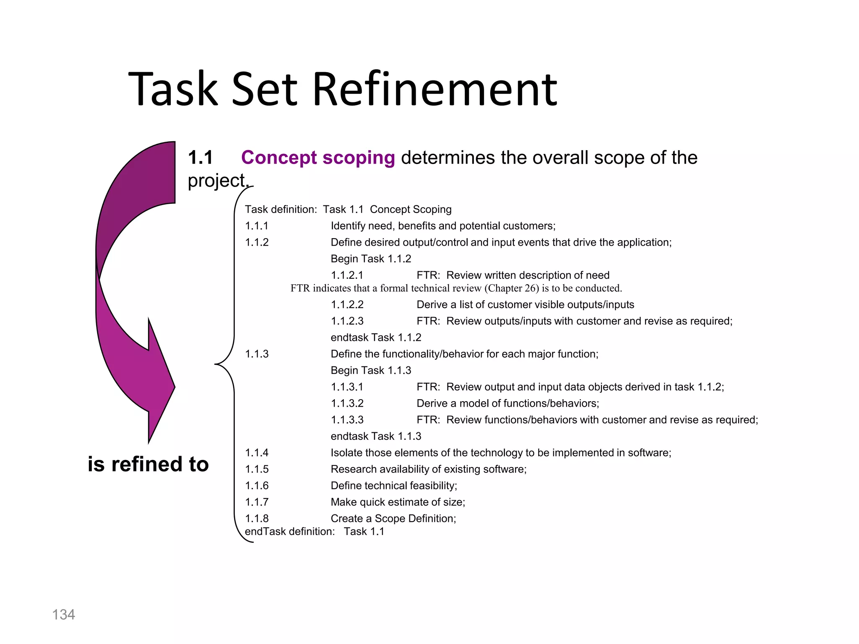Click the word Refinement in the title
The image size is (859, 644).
pos(435,89)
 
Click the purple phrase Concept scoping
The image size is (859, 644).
pos(318,158)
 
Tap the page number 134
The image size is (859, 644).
pos(63,615)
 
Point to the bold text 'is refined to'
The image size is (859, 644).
pos(148,464)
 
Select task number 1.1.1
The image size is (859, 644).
pos(256,226)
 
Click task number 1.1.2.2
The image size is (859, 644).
pos(347,305)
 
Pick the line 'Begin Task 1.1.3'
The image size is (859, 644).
pos(371,371)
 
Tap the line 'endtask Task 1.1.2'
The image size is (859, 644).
pos(376,338)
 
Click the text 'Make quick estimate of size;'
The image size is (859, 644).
pos(398,502)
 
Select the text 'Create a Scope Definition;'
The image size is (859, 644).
pos(393,519)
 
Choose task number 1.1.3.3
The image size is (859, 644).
pos(347,420)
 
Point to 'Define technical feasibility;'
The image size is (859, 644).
pos(394,486)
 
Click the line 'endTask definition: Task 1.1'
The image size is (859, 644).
pos(314,532)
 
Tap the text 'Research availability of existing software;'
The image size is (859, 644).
pos(428,469)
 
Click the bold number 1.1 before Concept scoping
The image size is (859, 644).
pos(200,158)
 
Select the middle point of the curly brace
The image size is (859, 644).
pos(216,364)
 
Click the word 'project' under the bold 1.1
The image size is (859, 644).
pos(216,181)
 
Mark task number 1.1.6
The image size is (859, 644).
pos(256,486)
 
